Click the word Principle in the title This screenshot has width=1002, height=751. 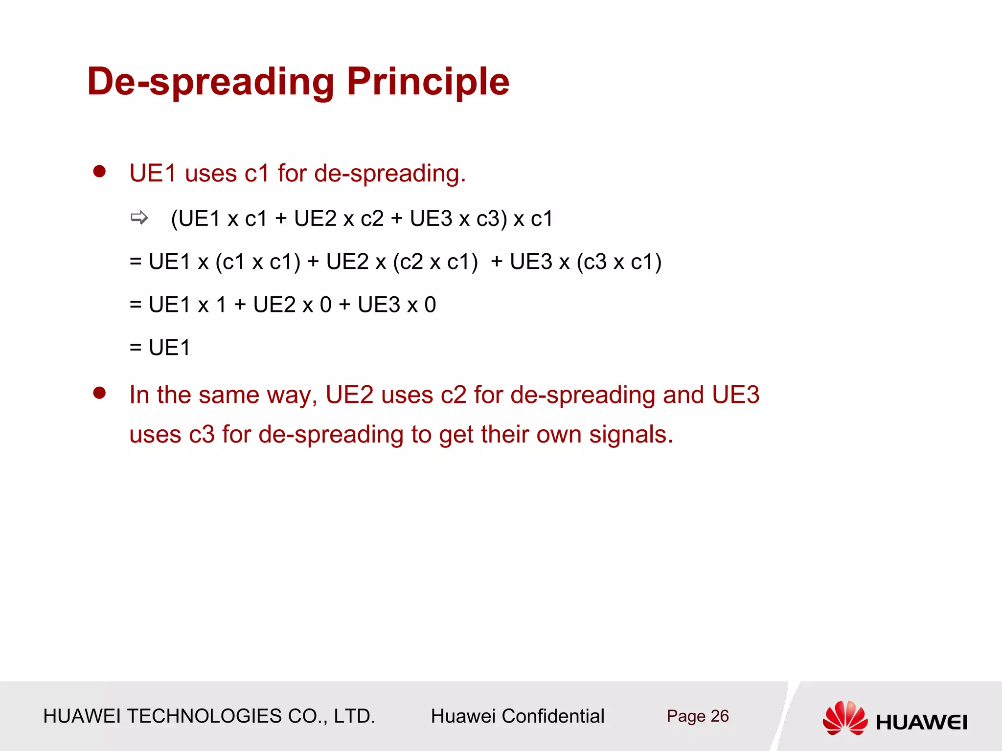(x=428, y=82)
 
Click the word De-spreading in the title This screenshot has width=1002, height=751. (x=211, y=82)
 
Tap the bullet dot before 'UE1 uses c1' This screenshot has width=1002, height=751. (x=100, y=172)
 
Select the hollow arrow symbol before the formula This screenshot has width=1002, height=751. (x=139, y=218)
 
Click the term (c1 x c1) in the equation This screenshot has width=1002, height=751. (x=258, y=262)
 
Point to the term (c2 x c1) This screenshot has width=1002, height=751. (x=435, y=262)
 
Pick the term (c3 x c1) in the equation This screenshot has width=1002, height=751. (x=619, y=262)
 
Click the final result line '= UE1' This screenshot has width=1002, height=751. (x=160, y=348)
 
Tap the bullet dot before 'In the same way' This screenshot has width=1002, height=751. (x=100, y=393)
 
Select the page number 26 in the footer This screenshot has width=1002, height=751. (x=719, y=716)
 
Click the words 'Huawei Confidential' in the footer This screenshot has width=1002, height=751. (x=517, y=716)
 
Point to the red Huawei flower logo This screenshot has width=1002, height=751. (x=845, y=718)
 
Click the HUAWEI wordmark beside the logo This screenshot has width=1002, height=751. (x=921, y=722)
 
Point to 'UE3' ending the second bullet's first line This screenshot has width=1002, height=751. (x=735, y=395)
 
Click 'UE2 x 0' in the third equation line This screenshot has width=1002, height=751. (x=292, y=305)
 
